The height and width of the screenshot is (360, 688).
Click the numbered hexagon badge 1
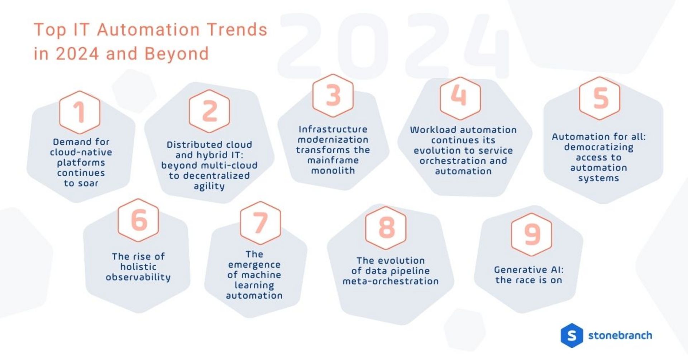coord(80,112)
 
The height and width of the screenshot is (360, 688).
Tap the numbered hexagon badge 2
coord(209,111)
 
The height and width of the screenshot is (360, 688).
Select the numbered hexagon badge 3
coord(333,96)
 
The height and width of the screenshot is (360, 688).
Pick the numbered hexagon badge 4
coord(460,98)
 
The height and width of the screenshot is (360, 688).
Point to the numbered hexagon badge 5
coord(599,98)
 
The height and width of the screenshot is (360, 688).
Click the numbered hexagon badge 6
coord(138,220)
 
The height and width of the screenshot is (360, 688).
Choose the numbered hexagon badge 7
coord(261,223)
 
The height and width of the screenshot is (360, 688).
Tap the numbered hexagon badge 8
coord(386,227)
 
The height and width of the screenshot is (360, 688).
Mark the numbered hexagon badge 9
coord(532,234)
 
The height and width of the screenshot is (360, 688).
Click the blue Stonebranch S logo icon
coord(572,336)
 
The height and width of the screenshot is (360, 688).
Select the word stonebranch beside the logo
coord(620,336)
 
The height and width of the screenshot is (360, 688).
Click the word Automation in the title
coord(148,30)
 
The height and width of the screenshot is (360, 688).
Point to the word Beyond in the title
coord(176,54)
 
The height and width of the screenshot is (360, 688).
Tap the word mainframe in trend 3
coord(333,160)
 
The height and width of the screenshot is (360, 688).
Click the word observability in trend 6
coord(138,277)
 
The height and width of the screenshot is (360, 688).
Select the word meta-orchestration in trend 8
coord(390,281)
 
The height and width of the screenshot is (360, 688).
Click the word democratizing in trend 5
coord(598,147)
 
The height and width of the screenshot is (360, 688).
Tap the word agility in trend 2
coord(209,186)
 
